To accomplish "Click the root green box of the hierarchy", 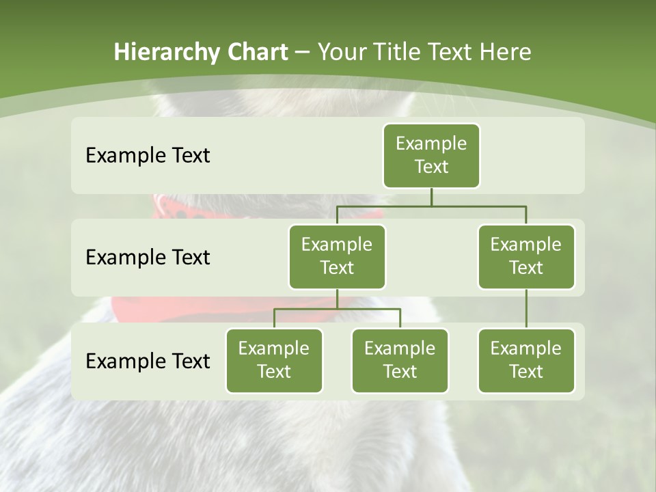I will coord(431,156).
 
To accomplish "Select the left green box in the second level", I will coord(337,257).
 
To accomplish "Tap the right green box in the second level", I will coord(526,257).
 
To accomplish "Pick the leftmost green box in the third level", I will coord(274,361).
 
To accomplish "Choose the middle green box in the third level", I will coord(400,361).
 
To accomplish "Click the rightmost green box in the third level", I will coord(526,361).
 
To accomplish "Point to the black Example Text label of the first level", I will coord(148,156).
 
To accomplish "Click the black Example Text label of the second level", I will coord(148,258).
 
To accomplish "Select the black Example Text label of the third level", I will coord(148,361).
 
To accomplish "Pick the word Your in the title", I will coord(342,52).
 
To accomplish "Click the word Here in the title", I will coord(505,52).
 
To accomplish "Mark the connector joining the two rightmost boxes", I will coord(526,309).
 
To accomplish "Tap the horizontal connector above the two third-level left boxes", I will coord(337,309).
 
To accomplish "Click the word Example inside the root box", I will coord(431,144).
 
